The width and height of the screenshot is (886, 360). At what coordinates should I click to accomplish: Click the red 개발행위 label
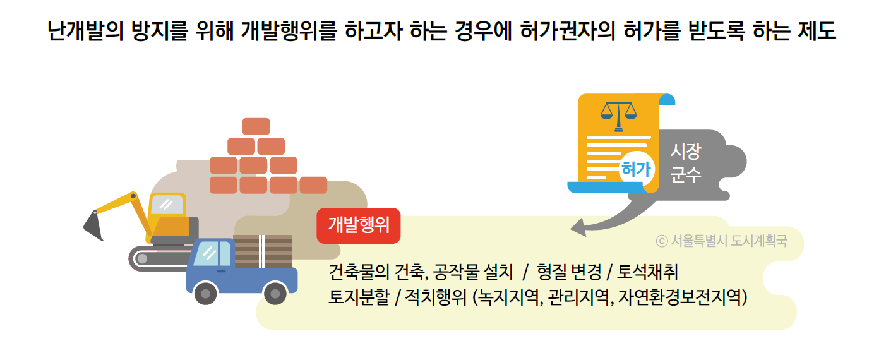pyautogui.click(x=358, y=225)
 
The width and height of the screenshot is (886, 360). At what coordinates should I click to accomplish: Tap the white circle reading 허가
pyautogui.click(x=636, y=169)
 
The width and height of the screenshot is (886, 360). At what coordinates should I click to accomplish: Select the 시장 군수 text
pyautogui.click(x=685, y=163)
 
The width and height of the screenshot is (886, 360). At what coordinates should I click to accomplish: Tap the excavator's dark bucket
pyautogui.click(x=93, y=225)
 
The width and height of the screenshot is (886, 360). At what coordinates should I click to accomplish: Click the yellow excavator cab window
pyautogui.click(x=167, y=205)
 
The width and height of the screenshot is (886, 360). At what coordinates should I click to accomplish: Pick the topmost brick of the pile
pyautogui.click(x=256, y=126)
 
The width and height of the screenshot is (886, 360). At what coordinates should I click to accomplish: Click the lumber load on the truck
pyautogui.click(x=263, y=251)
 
